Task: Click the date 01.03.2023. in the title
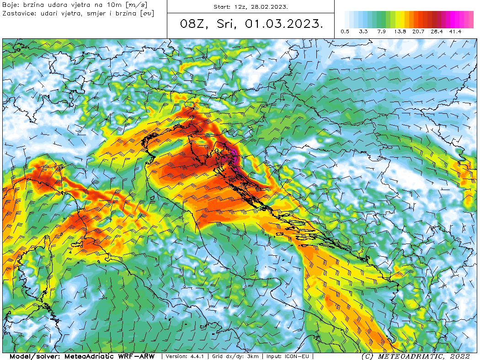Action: (x=283, y=24)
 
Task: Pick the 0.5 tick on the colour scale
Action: (x=345, y=32)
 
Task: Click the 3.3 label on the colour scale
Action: (x=363, y=32)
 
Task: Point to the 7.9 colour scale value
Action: (x=382, y=32)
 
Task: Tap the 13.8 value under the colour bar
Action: (x=400, y=32)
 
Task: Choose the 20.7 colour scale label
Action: (x=419, y=32)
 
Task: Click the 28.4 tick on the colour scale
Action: (x=437, y=32)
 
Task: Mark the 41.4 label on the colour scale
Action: (x=455, y=32)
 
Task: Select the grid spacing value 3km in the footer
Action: (x=253, y=356)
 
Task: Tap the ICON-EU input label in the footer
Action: (x=299, y=356)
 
